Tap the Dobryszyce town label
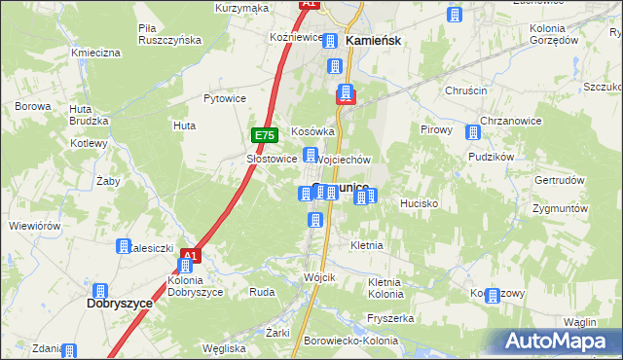pos(113,304)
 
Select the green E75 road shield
pos(266,136)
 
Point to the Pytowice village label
pos(224,98)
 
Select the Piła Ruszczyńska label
pos(169,34)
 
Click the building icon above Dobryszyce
pos(99,290)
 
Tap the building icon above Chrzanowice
pos(473,132)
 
